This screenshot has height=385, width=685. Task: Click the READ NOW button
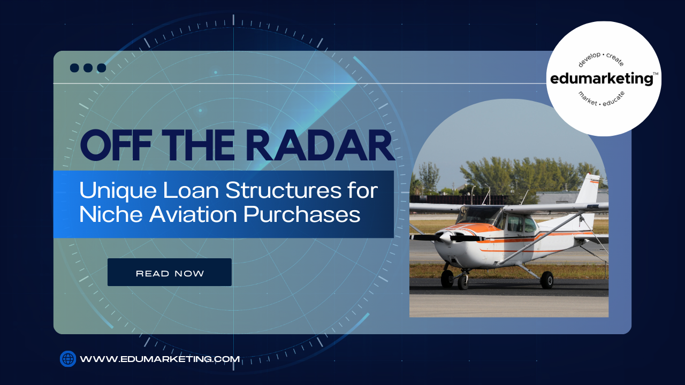tap(170, 272)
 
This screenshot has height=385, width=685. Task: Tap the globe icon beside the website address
tap(68, 359)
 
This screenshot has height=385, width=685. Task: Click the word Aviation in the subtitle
tap(193, 214)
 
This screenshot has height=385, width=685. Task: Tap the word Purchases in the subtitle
tap(302, 214)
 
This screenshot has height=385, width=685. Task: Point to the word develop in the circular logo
tap(589, 60)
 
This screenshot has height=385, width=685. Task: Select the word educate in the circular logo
tap(613, 99)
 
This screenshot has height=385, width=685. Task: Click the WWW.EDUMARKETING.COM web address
tap(159, 359)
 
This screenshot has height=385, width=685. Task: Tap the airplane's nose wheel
tap(463, 282)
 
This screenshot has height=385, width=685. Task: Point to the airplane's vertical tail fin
tap(589, 189)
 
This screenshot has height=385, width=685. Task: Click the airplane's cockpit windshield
tap(478, 215)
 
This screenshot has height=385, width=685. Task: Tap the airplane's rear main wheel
tap(547, 280)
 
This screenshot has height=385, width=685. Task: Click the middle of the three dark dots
tap(88, 68)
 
